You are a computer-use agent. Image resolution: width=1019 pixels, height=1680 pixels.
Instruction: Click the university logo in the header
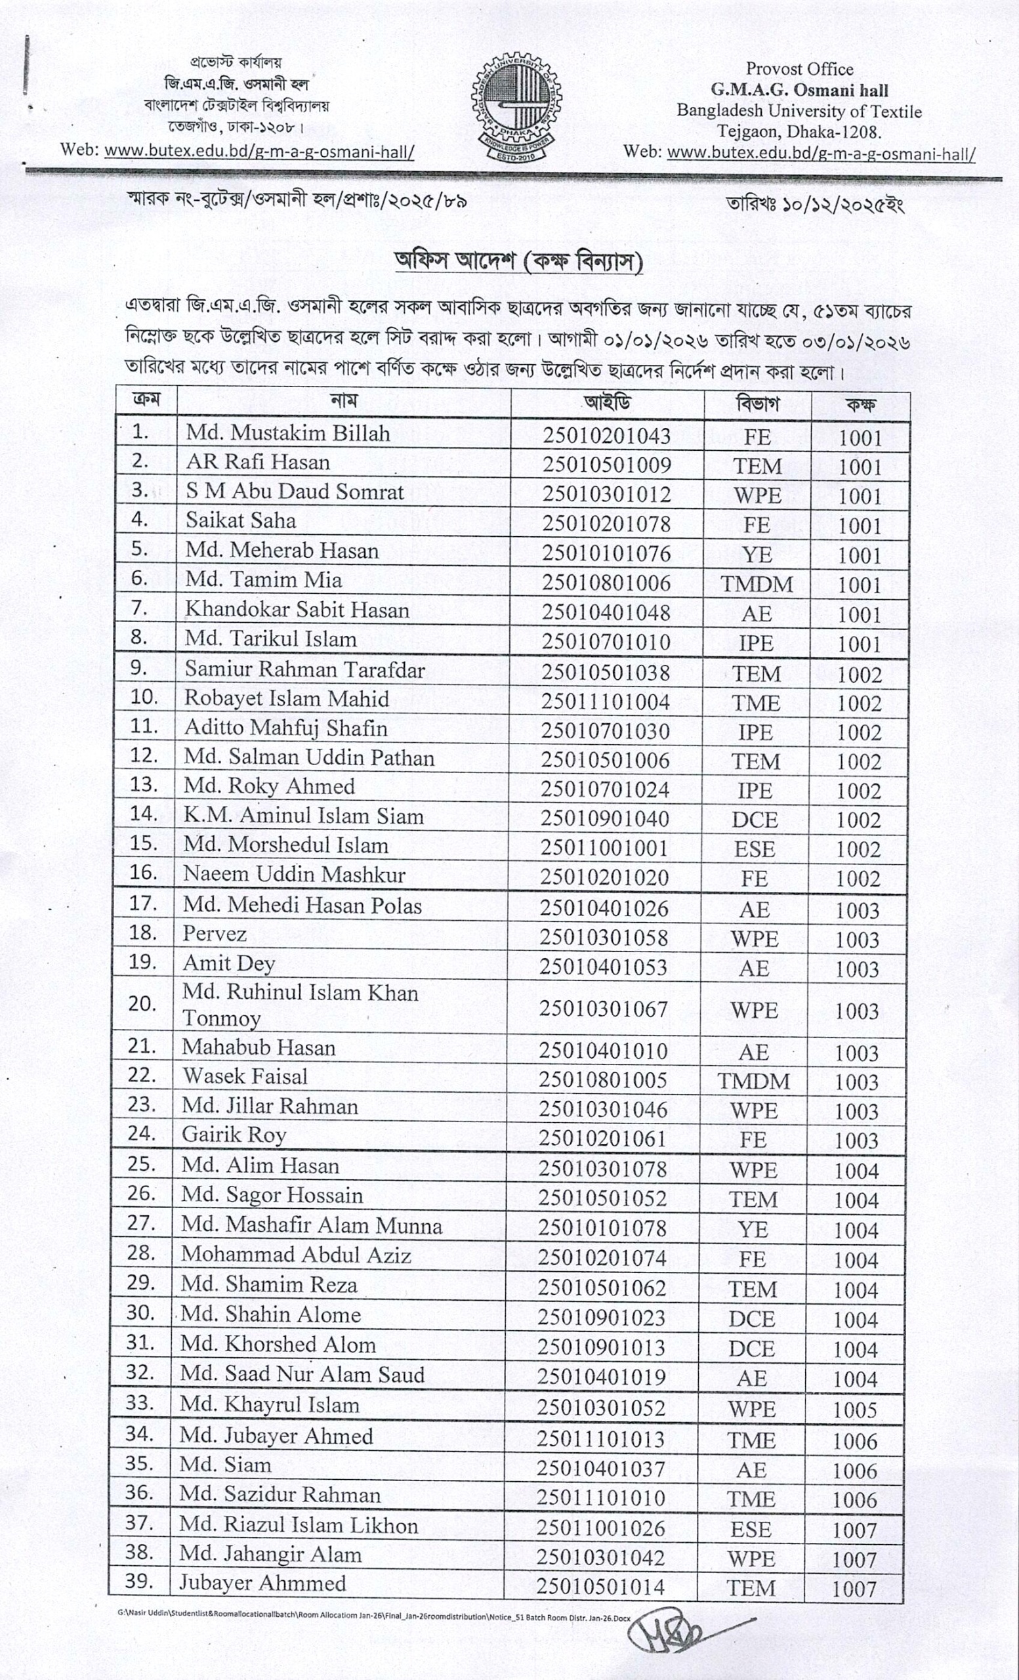click(x=517, y=109)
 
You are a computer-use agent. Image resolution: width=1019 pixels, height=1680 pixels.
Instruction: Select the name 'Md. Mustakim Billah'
click(x=287, y=433)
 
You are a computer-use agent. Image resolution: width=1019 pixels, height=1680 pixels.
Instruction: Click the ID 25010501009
click(x=607, y=465)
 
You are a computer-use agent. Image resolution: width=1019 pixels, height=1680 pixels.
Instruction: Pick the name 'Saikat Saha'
click(x=241, y=521)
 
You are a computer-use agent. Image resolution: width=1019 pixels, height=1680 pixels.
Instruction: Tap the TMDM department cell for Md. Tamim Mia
click(x=757, y=584)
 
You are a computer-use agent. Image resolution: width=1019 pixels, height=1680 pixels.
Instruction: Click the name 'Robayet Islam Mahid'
click(x=286, y=699)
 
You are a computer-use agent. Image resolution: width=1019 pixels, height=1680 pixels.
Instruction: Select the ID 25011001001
click(x=604, y=847)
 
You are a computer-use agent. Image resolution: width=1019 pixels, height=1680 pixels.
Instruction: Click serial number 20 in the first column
click(x=142, y=1003)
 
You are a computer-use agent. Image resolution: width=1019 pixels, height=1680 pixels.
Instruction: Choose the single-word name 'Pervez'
click(x=214, y=933)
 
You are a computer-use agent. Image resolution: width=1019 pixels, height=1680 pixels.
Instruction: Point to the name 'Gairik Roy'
click(x=233, y=1135)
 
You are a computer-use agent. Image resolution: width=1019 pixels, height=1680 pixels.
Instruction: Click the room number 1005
click(x=856, y=1410)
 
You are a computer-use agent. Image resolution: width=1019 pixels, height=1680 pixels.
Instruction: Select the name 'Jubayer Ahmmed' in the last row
click(x=262, y=1582)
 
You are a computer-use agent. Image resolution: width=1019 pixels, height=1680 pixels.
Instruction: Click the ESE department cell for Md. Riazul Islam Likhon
click(x=751, y=1529)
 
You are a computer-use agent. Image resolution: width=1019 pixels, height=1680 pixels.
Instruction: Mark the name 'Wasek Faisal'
click(x=245, y=1077)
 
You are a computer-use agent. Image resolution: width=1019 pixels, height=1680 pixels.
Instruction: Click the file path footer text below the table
click(x=373, y=1617)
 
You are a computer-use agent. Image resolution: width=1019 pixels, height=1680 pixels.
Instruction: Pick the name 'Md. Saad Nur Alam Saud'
click(x=302, y=1375)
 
